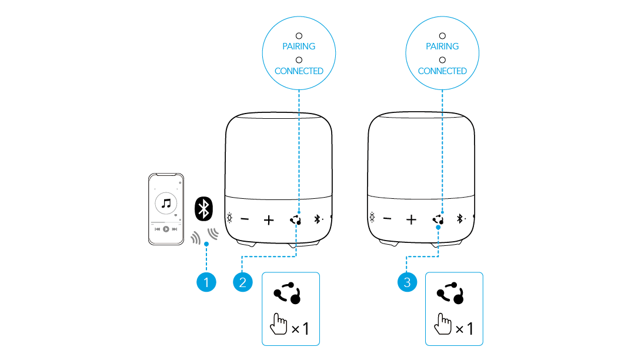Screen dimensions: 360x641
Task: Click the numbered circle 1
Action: pos(206,283)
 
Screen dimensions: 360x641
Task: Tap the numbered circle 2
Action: pos(242,283)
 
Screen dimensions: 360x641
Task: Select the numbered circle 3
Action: pos(406,283)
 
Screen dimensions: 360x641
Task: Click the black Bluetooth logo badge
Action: pos(204,209)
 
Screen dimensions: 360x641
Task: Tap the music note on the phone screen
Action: pos(166,204)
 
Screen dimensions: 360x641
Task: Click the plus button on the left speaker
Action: pos(269,221)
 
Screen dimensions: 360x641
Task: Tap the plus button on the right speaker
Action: pos(411,220)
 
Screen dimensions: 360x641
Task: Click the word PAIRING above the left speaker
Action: pos(299,46)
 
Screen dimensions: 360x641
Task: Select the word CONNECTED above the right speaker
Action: pos(442,71)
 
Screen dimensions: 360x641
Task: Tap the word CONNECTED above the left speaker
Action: pos(299,71)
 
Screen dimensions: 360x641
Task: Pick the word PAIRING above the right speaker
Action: pos(442,46)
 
